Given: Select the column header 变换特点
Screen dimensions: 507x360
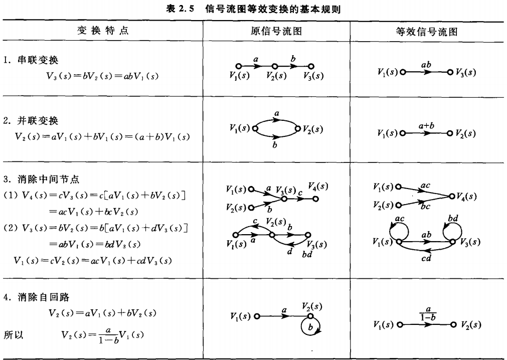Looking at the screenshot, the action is point(102,31).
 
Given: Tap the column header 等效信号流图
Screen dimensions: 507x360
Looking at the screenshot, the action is point(427,32).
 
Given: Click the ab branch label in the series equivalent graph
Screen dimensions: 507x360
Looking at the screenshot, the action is point(426,65).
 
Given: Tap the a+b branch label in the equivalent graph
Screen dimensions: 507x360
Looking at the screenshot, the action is point(426,126).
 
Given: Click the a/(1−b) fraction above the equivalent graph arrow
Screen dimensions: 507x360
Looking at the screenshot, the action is point(428,313).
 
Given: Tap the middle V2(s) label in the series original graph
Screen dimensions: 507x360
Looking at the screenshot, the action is point(276,76).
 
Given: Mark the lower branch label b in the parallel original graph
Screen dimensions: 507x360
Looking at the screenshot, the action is point(275,146).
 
